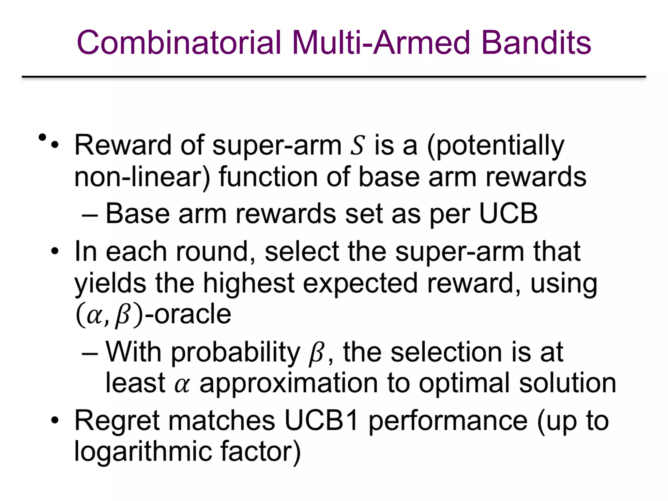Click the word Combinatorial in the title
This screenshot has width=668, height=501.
(x=179, y=42)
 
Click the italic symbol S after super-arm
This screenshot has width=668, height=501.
(x=357, y=145)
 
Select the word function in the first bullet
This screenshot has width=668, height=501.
(x=268, y=177)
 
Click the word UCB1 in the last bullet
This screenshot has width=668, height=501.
(x=321, y=421)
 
